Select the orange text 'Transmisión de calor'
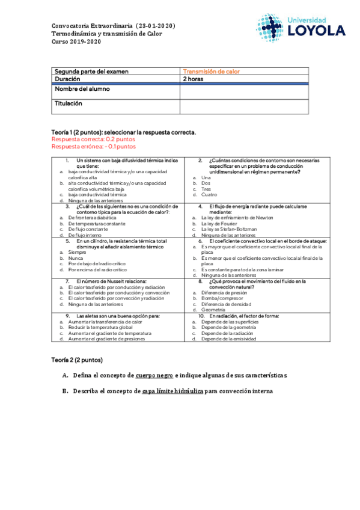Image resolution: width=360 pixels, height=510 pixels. [x=211, y=72]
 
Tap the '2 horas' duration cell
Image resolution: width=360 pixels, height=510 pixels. [x=193, y=79]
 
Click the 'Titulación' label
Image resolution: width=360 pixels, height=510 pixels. [x=69, y=103]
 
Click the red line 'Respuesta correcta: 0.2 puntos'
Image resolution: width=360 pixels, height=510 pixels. [x=89, y=138]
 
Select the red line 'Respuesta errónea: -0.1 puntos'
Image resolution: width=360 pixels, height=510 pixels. [x=93, y=146]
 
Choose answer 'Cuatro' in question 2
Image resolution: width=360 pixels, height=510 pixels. [x=209, y=195]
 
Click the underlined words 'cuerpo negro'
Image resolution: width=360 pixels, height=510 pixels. [x=154, y=375]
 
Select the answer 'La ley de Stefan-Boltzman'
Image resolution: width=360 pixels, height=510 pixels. [x=229, y=229]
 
